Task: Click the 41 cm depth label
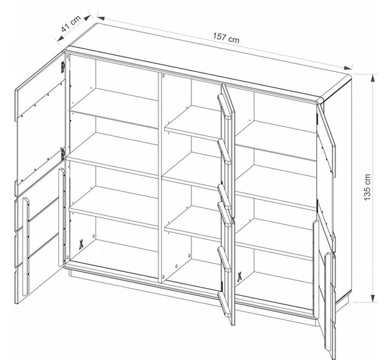pyautogui.click(x=72, y=23)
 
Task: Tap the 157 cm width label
pyautogui.click(x=226, y=38)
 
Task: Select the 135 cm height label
pyautogui.click(x=367, y=187)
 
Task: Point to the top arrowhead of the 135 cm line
pyautogui.click(x=373, y=78)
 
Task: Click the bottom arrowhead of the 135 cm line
pyautogui.click(x=373, y=298)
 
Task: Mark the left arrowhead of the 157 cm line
pyautogui.click(x=101, y=18)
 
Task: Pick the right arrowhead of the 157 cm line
pyautogui.click(x=347, y=67)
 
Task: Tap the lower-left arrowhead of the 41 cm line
pyautogui.click(x=60, y=38)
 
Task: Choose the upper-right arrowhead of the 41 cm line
pyautogui.click(x=87, y=17)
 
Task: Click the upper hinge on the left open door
pyautogui.click(x=63, y=67)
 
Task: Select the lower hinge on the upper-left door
pyautogui.click(x=63, y=153)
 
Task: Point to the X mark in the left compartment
pyautogui.click(x=80, y=244)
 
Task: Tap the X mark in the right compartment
pyautogui.click(x=239, y=277)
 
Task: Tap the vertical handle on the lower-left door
pyautogui.click(x=26, y=247)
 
